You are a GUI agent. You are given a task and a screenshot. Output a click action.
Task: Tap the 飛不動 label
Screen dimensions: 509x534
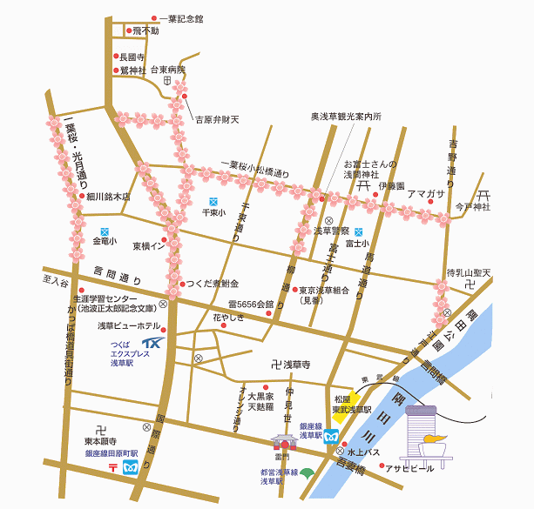point(145,31)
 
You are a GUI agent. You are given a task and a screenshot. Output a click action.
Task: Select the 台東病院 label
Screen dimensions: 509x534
point(168,70)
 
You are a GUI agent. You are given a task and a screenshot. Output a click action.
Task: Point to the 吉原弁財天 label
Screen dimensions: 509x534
point(216,119)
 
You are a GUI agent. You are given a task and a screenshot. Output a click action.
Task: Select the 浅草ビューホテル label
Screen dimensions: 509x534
point(129,325)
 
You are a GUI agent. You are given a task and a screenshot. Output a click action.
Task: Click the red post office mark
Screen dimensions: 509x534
point(114,467)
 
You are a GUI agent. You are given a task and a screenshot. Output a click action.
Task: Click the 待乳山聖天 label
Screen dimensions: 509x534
point(469,274)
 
